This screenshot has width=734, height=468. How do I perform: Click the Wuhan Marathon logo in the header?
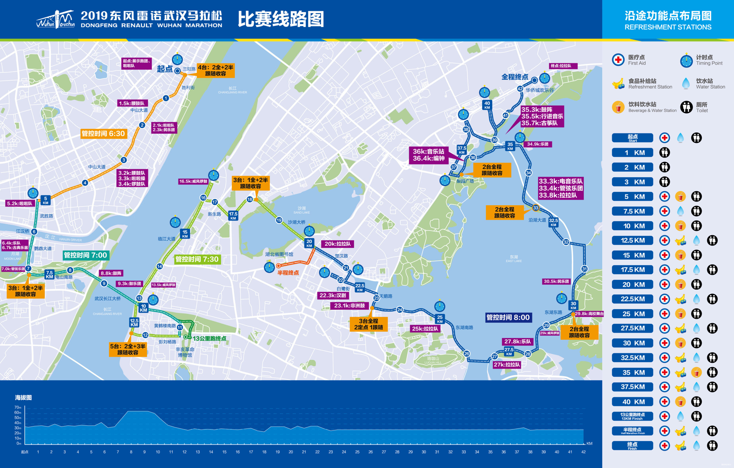pos(55,19)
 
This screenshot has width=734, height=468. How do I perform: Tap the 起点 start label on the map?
pos(165,69)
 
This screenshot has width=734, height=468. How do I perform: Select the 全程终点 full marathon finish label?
pos(515,77)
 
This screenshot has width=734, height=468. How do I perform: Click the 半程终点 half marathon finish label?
pos(288,272)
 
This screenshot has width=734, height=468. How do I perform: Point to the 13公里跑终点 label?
pos(209,338)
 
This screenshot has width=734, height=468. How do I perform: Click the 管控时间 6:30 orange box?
pos(103,134)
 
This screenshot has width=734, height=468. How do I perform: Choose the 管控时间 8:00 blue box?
pos(508,317)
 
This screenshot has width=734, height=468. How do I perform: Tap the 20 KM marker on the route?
pos(309,243)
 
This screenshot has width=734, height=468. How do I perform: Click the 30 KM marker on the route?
pos(573,305)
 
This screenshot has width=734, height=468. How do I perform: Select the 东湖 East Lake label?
pos(514,258)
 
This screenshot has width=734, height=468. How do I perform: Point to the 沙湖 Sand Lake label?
pos(301,209)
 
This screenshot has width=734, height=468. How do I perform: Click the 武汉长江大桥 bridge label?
pos(108,298)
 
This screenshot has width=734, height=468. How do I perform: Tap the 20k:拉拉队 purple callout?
pos(337,243)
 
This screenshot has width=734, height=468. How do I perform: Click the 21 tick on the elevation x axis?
pos(304,452)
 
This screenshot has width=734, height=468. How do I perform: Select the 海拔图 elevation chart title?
pos(23,397)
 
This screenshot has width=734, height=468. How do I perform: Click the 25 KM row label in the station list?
pos(633,314)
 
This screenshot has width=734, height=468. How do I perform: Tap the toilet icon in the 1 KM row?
pos(665,152)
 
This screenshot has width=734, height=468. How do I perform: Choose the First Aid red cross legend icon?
pos(618,60)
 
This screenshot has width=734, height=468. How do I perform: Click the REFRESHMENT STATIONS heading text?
pos(668,27)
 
